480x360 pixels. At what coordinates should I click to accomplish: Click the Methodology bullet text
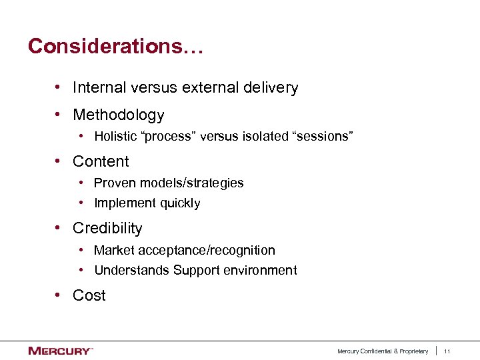point(118,115)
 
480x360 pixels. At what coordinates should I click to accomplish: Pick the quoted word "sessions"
point(322,137)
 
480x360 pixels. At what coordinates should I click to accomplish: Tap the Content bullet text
point(101,162)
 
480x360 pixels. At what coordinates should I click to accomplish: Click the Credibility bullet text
point(107,229)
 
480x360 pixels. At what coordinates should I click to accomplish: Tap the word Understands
point(132,271)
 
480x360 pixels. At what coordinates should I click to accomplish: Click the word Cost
point(89,296)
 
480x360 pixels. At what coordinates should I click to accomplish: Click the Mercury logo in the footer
point(60,351)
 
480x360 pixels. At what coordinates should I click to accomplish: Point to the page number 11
point(447,351)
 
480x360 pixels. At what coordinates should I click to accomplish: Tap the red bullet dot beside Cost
point(59,295)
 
